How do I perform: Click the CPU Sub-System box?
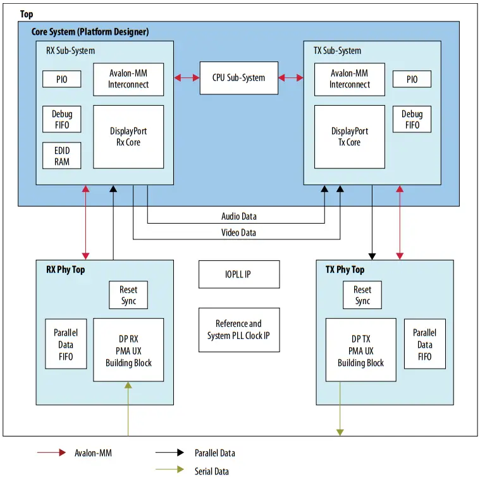238,78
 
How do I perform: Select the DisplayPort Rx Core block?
128,137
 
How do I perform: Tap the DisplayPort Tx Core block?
349,137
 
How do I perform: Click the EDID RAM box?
62,156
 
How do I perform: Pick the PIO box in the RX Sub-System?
62,79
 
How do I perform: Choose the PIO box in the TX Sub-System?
412,79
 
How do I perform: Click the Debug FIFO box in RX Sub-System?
62,119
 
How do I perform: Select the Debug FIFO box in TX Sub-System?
412,119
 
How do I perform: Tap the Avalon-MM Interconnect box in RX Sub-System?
128,79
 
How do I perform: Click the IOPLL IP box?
238,274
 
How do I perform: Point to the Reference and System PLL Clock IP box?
238,329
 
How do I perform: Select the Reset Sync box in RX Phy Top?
128,295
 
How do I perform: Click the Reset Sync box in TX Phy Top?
362,295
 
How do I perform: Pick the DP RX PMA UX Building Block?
128,350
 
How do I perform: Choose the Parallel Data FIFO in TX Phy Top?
424,345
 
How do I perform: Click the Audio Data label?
238,217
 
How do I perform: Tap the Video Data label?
238,232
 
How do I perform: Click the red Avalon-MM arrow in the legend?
52,452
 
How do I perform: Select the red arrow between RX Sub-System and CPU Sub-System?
187,78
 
